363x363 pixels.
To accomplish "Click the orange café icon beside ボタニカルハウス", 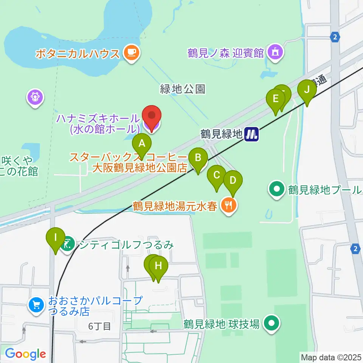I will tap(131, 53).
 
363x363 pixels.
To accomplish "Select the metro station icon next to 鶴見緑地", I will tap(251, 134).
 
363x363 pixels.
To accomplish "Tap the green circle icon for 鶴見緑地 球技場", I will tap(271, 324).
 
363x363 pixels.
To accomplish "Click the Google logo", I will tap(25, 354).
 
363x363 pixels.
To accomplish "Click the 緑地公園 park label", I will tap(183, 89).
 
